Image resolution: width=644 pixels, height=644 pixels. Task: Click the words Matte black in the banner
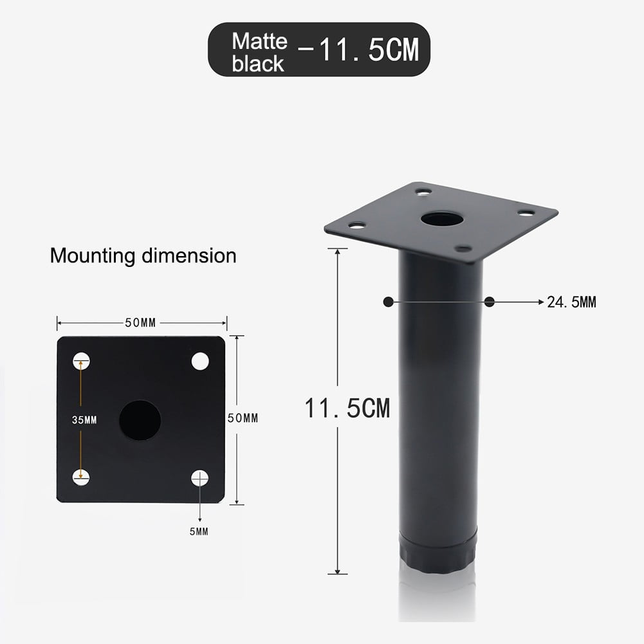pyautogui.click(x=259, y=52)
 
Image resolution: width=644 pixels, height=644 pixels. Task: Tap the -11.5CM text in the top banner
pyautogui.click(x=358, y=50)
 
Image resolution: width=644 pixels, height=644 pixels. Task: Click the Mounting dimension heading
pyautogui.click(x=143, y=256)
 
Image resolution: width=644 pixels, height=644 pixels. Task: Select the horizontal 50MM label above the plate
pyautogui.click(x=141, y=323)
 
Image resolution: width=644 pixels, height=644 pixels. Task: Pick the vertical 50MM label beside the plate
pyautogui.click(x=243, y=418)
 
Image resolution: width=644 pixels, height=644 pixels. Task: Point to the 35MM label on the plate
pyautogui.click(x=84, y=420)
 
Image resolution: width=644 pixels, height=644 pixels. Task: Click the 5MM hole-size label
pyautogui.click(x=199, y=531)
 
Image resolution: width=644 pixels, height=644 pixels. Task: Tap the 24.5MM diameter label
pyautogui.click(x=571, y=302)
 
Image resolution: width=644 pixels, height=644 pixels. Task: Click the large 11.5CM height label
pyautogui.click(x=347, y=409)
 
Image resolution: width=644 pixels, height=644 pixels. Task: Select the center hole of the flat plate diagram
pyautogui.click(x=140, y=420)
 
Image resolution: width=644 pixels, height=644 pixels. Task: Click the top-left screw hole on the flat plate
pyautogui.click(x=81, y=362)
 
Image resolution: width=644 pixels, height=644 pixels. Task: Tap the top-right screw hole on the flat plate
pyautogui.click(x=200, y=362)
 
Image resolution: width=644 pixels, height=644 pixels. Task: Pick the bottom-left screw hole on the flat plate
pyautogui.click(x=81, y=477)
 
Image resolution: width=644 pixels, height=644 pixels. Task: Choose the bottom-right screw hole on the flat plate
pyautogui.click(x=200, y=478)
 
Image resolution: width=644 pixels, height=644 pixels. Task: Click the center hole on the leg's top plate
pyautogui.click(x=442, y=219)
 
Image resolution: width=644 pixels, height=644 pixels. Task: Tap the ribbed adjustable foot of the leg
pyautogui.click(x=438, y=555)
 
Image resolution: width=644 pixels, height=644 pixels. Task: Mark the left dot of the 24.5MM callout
pyautogui.click(x=387, y=301)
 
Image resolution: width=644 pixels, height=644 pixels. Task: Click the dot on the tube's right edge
pyautogui.click(x=490, y=301)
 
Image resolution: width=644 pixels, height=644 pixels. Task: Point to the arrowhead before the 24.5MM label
pyautogui.click(x=540, y=301)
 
